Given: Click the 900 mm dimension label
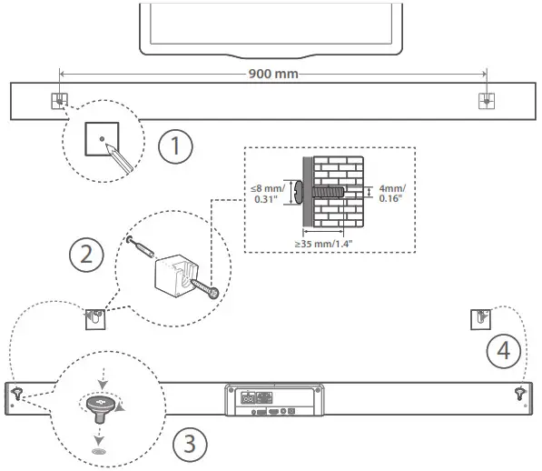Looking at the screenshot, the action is [273, 74].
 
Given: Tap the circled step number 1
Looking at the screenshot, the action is [175, 146].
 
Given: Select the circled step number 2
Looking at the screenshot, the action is [86, 255].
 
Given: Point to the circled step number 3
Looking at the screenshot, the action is [190, 444].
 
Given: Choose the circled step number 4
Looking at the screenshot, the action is [503, 351].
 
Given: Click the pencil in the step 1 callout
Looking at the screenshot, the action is [119, 158].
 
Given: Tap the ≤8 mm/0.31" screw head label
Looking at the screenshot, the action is [268, 194].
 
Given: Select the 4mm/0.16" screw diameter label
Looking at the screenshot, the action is [392, 193].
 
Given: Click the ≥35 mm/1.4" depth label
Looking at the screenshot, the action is [323, 244].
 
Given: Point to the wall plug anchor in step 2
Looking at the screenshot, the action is [141, 246].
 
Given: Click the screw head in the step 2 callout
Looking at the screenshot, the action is [214, 293].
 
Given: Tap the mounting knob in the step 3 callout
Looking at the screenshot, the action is [100, 409].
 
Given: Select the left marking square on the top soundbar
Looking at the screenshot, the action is [59, 101].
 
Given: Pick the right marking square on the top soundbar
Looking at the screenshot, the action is [487, 101].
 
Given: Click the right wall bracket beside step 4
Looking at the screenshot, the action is [480, 319].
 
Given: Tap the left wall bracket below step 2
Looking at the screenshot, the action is [95, 319].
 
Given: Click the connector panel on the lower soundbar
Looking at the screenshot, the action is [275, 400].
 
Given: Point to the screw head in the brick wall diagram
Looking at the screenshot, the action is [299, 193].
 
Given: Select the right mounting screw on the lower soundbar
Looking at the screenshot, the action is [520, 394].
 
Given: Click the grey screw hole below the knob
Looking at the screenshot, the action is [99, 451].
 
